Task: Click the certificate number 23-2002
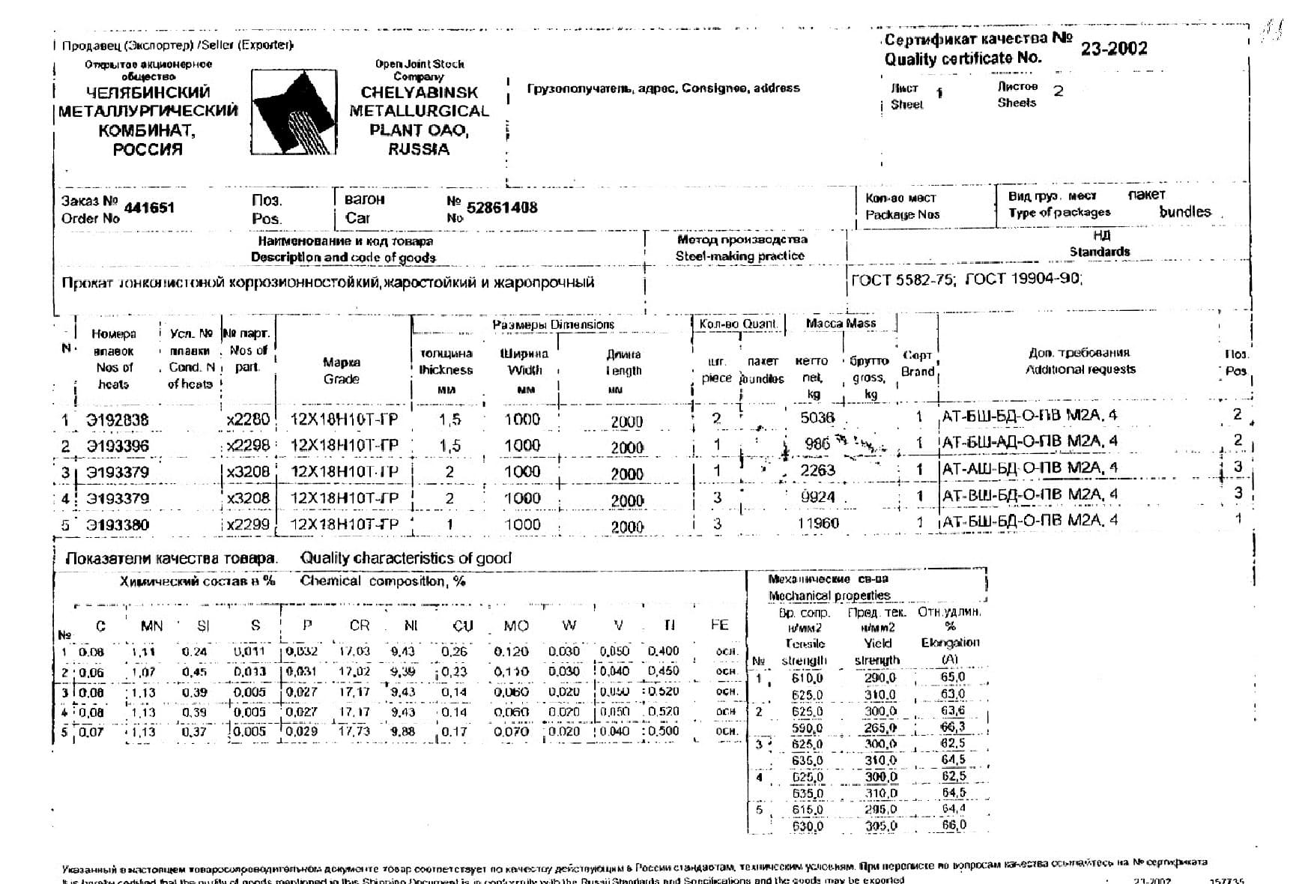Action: click(1113, 49)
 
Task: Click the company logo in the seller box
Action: click(293, 112)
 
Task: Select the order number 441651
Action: click(149, 208)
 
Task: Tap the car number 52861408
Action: click(502, 208)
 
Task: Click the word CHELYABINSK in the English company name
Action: click(419, 93)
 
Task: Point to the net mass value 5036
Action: click(817, 418)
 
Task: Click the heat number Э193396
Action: click(118, 446)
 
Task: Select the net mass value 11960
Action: click(818, 524)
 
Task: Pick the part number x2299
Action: click(248, 524)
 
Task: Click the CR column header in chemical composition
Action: click(360, 626)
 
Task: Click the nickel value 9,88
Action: click(403, 731)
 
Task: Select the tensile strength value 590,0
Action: click(807, 727)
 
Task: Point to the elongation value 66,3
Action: click(953, 727)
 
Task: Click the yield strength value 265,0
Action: click(880, 727)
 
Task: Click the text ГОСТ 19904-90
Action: click(1023, 279)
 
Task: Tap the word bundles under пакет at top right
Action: click(1184, 212)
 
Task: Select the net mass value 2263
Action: click(817, 470)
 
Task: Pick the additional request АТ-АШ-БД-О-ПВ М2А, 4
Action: click(1029, 468)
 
